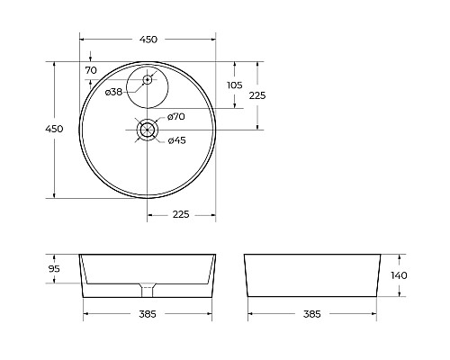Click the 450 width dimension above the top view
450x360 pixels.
click(x=148, y=40)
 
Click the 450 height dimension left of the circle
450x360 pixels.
click(x=54, y=129)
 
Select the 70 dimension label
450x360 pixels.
click(x=91, y=70)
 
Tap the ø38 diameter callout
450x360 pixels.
click(x=113, y=92)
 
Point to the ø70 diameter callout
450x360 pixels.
click(x=176, y=116)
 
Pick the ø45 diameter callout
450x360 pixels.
click(x=177, y=140)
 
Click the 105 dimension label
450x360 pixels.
click(x=234, y=85)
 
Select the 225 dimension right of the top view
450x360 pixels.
click(x=257, y=95)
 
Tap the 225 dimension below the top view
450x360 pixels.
click(x=181, y=214)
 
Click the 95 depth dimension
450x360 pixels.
click(x=54, y=269)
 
